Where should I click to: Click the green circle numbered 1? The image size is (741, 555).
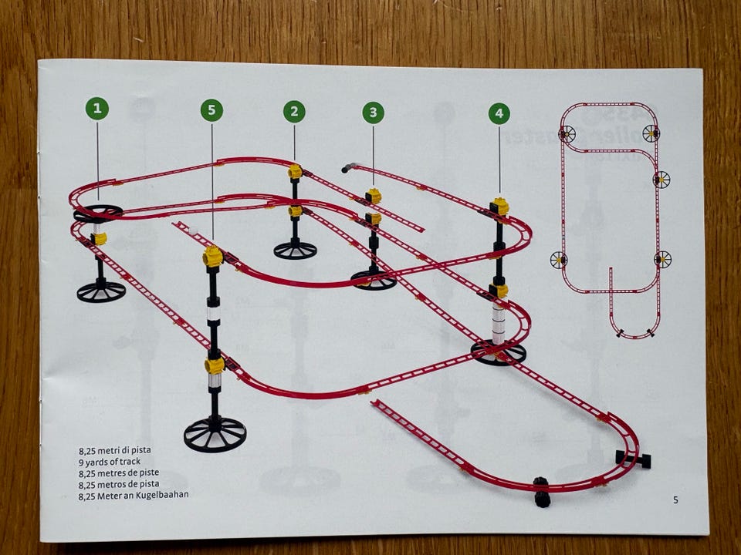pos(97,109)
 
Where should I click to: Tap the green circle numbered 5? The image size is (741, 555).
pos(211,110)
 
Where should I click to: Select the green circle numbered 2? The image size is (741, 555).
pos(294,111)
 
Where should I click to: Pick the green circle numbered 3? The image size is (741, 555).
pos(374,113)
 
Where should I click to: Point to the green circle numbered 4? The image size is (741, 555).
pos(499,113)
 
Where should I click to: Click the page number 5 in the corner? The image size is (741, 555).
pos(675,499)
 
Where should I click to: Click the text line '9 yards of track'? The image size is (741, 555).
pos(110,462)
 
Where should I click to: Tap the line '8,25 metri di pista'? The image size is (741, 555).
pos(115,450)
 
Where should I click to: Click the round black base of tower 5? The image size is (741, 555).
pos(215,434)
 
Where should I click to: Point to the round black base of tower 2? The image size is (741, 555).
pos(295,250)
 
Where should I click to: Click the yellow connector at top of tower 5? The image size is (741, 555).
pos(213,256)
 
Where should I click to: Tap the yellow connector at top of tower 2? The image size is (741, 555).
pos(295,171)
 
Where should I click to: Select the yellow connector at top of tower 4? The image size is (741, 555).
pos(500,207)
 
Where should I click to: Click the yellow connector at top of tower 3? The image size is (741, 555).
pos(374,195)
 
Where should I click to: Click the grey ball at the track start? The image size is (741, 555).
pos(345,170)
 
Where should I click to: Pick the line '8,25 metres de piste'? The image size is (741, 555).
pos(119,473)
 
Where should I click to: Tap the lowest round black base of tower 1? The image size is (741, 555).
pos(101,292)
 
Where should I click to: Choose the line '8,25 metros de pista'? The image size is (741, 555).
pos(119,484)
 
